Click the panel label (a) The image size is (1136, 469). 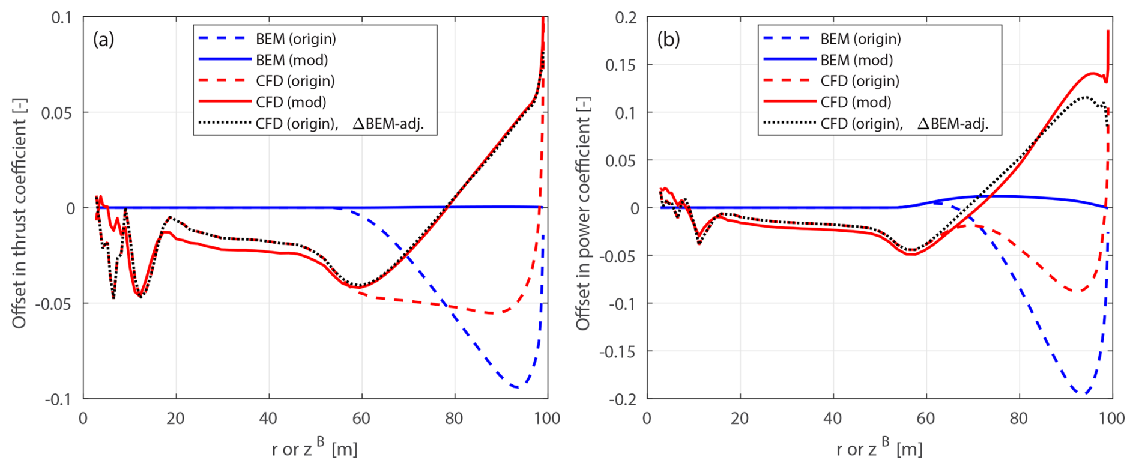point(103,40)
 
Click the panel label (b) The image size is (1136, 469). point(668,40)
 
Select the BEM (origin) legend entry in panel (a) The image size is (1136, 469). point(295,39)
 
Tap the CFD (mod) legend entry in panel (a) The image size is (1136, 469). point(291,102)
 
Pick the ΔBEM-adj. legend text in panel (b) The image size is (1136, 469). point(952,124)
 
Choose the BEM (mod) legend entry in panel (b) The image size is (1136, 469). point(856,60)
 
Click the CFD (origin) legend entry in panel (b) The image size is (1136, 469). point(860,81)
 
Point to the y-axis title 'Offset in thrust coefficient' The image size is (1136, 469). point(19,213)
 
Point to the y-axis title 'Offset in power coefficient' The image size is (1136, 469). point(583,213)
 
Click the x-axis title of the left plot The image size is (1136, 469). point(314,448)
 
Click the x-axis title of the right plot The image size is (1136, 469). point(879,448)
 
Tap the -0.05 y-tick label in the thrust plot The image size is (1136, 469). point(56,304)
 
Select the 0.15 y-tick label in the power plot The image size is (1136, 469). point(620,65)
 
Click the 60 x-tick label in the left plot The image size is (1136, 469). point(361,419)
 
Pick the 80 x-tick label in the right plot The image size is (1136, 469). point(1018,419)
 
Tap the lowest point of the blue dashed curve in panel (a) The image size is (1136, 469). point(517,387)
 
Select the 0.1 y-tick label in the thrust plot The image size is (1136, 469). point(61,18)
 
